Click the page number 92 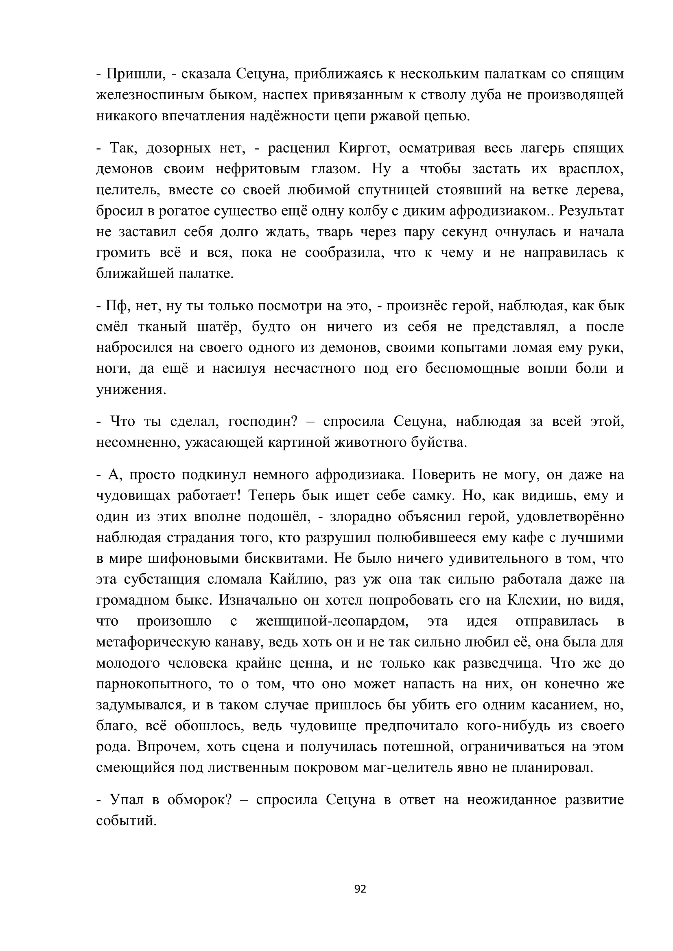pos(360,888)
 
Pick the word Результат pos(591,211)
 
